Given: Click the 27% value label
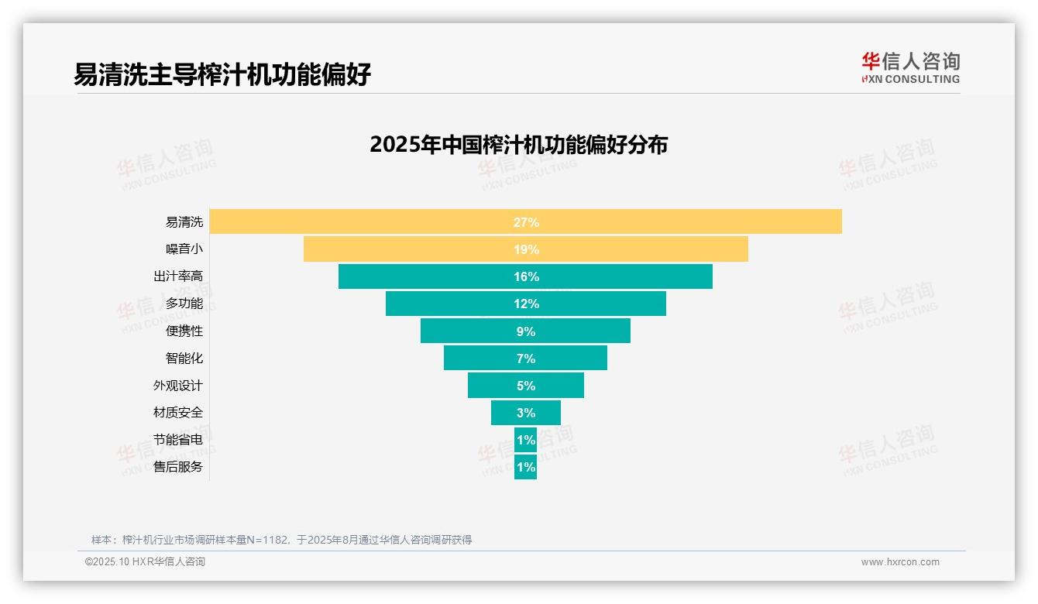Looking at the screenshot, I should point(526,222).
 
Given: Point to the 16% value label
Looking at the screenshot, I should point(526,276).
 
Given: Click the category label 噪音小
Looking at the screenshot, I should point(184,249).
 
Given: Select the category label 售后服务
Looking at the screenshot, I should point(178,467).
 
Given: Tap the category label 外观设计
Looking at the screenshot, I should point(178,386).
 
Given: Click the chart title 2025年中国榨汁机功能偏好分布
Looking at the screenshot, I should point(518,145).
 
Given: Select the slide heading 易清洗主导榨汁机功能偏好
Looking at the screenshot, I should point(222,74).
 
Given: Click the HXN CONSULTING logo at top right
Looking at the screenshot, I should point(910,68).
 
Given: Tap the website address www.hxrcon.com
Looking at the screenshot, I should point(900,562).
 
